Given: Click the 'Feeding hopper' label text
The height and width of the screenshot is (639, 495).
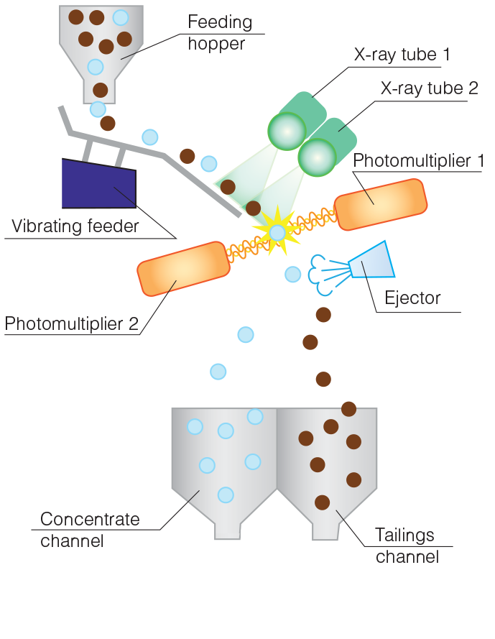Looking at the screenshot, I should (x=220, y=32).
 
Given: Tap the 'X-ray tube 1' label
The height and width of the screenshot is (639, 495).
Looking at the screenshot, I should (x=402, y=55).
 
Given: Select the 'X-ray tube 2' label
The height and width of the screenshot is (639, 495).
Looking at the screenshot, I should (x=429, y=88).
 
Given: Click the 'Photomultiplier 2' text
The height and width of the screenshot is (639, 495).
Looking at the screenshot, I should (x=71, y=323).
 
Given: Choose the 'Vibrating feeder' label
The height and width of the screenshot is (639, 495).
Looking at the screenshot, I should (x=75, y=226).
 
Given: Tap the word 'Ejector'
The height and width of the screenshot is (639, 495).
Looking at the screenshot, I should (x=412, y=298).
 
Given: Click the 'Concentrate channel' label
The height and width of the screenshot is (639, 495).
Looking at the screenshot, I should (x=89, y=530).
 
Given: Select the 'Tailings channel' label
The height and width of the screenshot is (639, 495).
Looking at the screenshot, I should (x=407, y=546).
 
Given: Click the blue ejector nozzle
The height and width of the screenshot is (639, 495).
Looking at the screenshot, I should (x=372, y=262).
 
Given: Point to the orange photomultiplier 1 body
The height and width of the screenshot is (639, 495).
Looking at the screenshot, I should (x=381, y=204).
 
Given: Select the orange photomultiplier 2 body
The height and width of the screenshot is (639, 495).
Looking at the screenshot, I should (x=183, y=269).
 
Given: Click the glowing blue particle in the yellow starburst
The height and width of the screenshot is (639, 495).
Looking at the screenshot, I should (x=277, y=232).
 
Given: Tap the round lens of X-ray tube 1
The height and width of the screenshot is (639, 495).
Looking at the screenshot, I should (x=287, y=131).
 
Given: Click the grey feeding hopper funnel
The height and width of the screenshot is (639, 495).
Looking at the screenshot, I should (x=101, y=50).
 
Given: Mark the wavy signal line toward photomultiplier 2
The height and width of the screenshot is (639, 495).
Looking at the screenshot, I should (x=247, y=248).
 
